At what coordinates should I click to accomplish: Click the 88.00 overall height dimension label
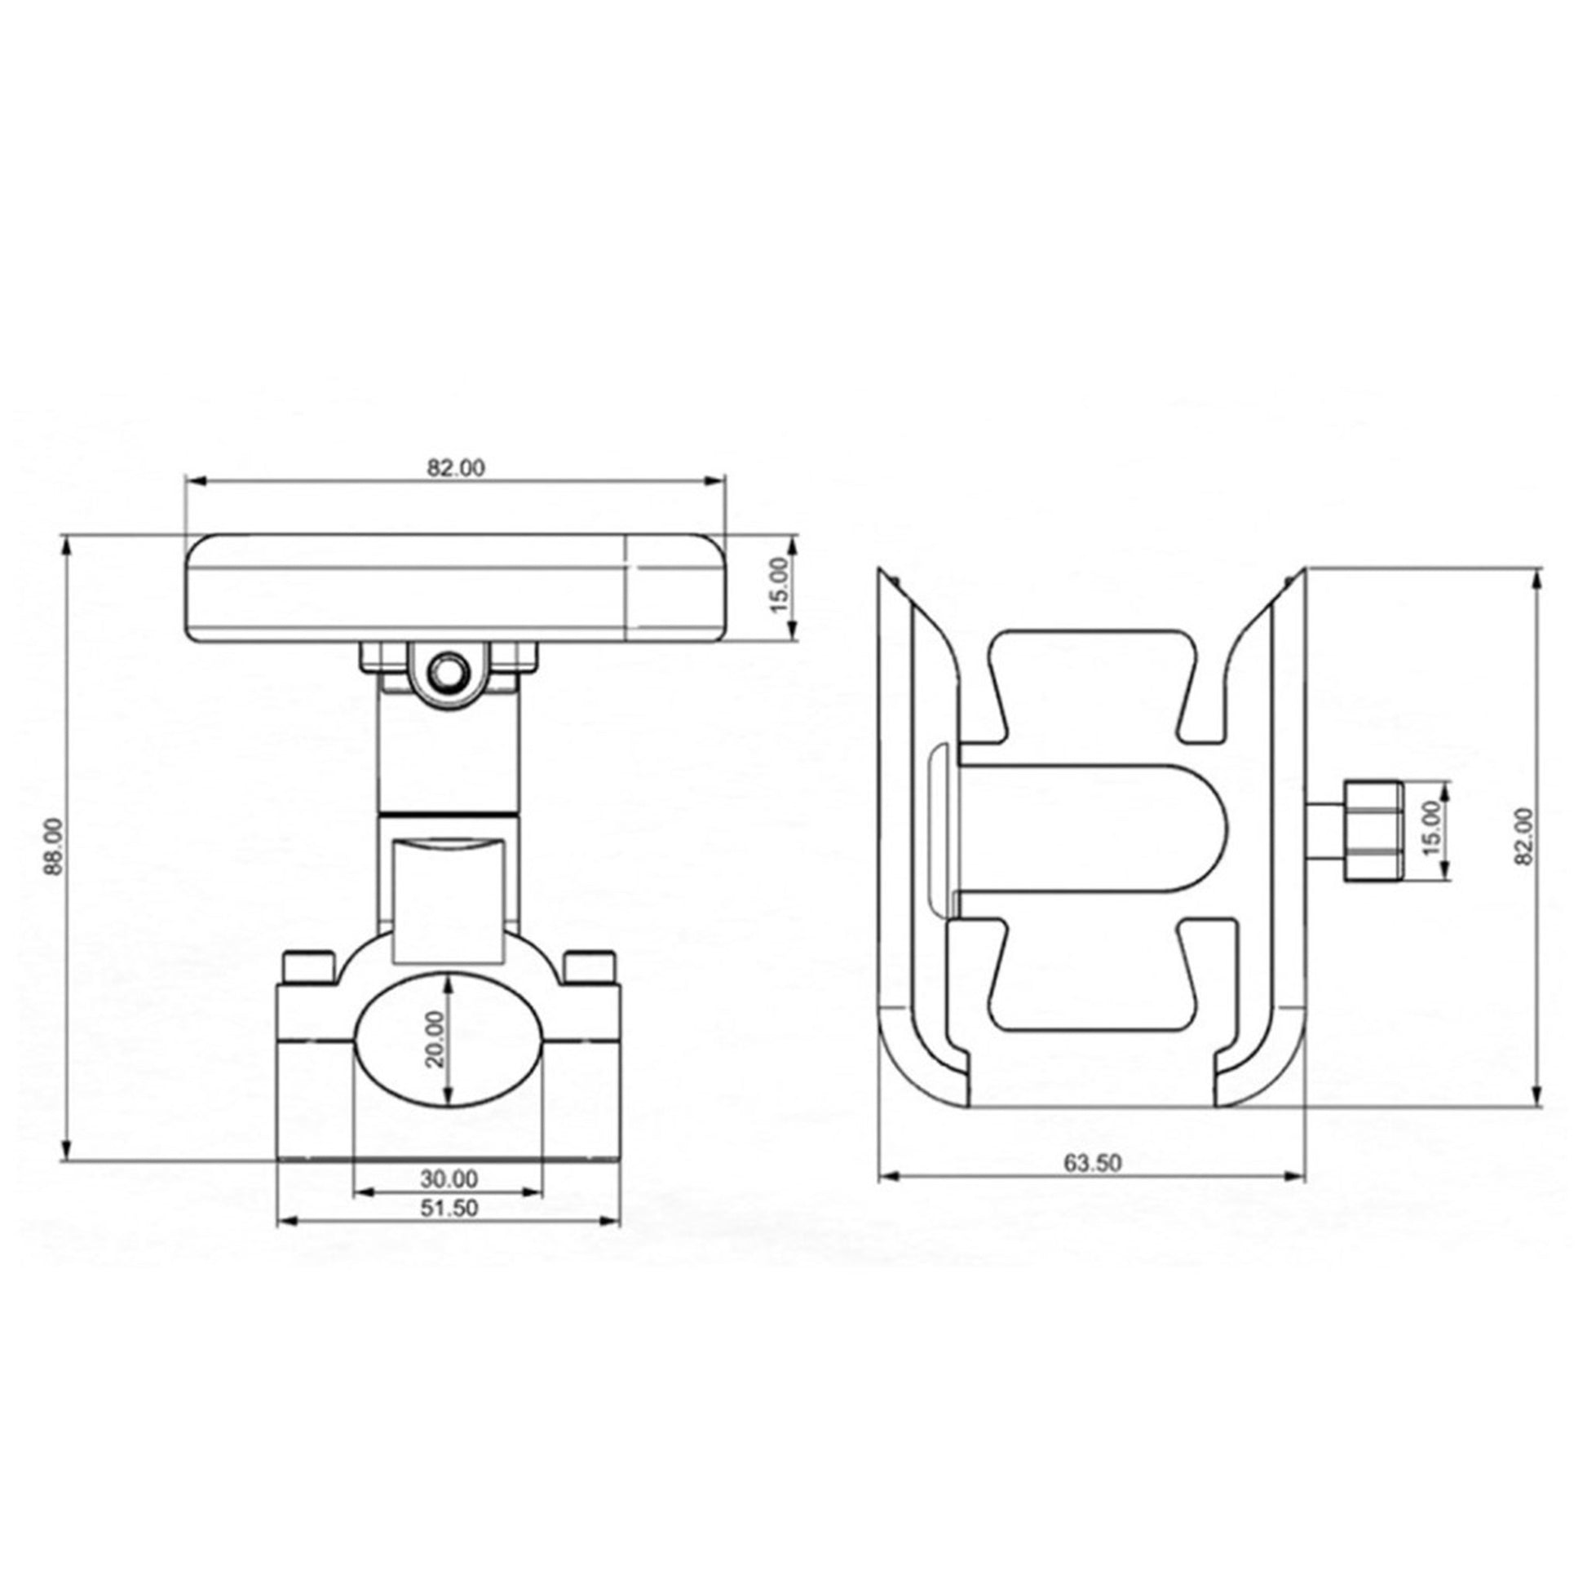[53, 846]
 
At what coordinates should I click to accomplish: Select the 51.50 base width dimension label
[449, 1209]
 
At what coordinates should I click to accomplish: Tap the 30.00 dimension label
[449, 1178]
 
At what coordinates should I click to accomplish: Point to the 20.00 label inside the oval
[435, 1038]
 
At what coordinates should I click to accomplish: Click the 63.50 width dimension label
[1093, 1163]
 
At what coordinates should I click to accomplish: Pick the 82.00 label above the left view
[456, 467]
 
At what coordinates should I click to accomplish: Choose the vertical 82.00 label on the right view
[1524, 835]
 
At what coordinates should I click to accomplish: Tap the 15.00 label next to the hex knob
[1432, 829]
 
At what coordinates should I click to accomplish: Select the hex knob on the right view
[1372, 831]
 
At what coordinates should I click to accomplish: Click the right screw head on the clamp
[590, 966]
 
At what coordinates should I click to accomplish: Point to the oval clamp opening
[449, 1040]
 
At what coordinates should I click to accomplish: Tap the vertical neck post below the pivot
[449, 756]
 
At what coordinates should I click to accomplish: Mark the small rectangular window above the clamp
[449, 900]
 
